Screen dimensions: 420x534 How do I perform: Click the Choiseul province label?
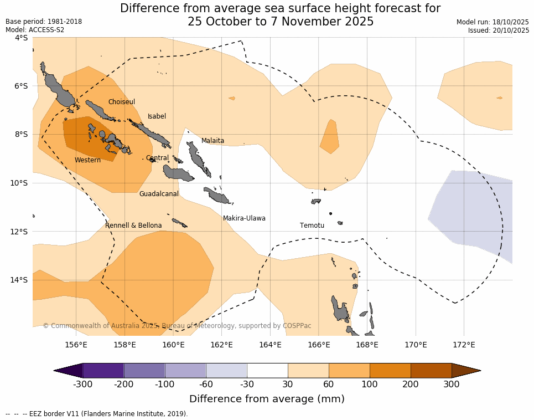coord(121,102)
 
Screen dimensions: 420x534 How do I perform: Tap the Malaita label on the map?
coord(212,141)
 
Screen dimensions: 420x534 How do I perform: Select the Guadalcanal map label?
coord(159,194)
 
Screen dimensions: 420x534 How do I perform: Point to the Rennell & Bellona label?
coord(133,226)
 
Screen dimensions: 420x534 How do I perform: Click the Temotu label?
coord(312,226)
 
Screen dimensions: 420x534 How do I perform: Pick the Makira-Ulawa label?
coord(244,218)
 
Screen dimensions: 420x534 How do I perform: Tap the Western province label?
coord(87,160)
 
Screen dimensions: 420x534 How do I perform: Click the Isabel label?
coord(157,116)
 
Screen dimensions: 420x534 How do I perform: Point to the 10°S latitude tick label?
coord(21,183)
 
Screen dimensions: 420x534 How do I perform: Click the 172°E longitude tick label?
coord(464,345)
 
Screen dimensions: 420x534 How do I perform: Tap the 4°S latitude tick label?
coord(21,38)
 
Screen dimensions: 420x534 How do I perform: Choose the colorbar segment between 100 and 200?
coord(390,371)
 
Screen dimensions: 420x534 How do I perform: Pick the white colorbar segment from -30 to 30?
coord(267,371)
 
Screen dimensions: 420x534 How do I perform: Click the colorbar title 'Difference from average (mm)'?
coord(267,399)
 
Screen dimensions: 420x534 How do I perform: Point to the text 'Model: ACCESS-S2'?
coord(34,30)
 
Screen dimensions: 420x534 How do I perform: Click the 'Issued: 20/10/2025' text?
coord(498,30)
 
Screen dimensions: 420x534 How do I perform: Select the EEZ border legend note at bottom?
coord(97,414)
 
